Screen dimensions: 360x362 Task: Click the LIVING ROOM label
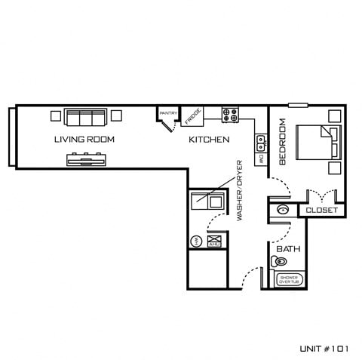[84, 140]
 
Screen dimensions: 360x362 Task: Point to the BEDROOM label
[283, 141]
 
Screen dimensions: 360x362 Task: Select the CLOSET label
[322, 211]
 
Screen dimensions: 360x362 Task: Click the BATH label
[288, 249]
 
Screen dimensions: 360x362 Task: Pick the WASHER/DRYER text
[240, 189]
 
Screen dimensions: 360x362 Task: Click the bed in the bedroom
[318, 141]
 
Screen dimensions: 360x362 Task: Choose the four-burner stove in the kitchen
[230, 115]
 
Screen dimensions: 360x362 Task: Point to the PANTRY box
[168, 114]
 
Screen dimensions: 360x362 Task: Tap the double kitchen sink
[260, 140]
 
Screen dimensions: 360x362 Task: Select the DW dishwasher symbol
[260, 159]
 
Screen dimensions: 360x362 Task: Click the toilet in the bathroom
[279, 262]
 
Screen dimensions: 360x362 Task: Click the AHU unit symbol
[213, 241]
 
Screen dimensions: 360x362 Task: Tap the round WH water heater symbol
[195, 241]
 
